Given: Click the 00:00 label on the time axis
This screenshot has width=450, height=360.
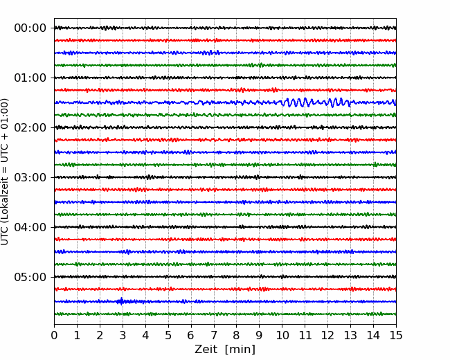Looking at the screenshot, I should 30,28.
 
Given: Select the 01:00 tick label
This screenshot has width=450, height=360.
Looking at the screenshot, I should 30,78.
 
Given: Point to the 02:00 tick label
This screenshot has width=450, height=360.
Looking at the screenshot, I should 30,127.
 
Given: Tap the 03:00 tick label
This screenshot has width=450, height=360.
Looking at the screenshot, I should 30,177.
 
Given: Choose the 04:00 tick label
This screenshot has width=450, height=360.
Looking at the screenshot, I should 30,227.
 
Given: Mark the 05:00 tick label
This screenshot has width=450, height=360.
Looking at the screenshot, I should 30,277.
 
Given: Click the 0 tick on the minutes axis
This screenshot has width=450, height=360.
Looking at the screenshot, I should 54,336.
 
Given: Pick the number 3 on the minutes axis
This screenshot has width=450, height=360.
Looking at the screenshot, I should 123,336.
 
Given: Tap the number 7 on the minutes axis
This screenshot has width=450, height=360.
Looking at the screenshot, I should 214,336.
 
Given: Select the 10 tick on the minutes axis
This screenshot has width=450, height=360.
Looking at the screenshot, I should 282,336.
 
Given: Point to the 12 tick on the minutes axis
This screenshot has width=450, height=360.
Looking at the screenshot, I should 327,336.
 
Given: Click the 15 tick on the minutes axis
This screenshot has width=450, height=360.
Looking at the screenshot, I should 396,336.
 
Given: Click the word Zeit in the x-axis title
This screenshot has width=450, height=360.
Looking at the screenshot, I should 206,349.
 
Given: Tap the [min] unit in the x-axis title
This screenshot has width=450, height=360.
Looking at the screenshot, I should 240,349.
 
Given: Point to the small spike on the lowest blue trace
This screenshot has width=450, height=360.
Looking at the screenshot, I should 121,301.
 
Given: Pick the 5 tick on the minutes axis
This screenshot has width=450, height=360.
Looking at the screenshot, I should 168,336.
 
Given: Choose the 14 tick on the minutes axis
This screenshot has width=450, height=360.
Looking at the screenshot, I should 373,336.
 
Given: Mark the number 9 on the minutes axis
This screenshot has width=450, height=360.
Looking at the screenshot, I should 260,336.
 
